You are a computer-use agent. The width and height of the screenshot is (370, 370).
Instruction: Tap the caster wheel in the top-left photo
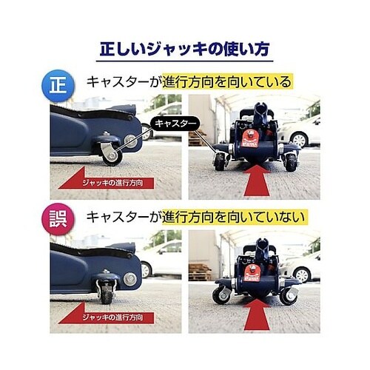click(x=110, y=152)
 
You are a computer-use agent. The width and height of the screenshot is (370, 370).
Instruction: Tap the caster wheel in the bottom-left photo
click(x=106, y=292)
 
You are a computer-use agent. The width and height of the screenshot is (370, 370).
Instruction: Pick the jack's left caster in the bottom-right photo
click(x=220, y=295)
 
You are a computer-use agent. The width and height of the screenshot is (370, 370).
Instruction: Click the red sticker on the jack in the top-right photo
click(x=252, y=140)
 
